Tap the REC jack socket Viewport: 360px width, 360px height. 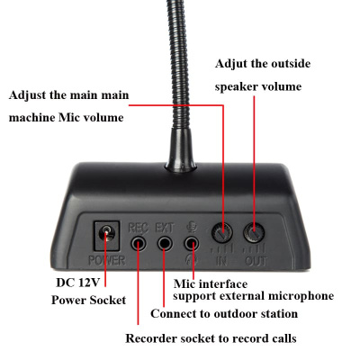click(x=139, y=241)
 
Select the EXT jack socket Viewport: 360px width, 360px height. click(x=165, y=241)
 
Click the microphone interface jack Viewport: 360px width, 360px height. click(x=191, y=241)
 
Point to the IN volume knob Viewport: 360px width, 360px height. click(x=222, y=233)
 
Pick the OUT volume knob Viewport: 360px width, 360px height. click(x=256, y=233)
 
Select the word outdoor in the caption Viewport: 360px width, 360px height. click(x=235, y=314)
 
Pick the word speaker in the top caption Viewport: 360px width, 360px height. click(x=238, y=88)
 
